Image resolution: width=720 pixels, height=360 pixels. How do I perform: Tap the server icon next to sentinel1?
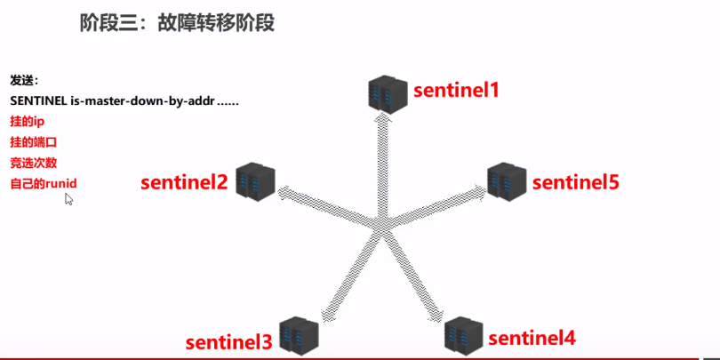tap(388, 93)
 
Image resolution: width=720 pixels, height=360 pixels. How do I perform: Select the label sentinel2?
tap(185, 183)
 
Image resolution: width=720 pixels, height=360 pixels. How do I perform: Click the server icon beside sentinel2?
tap(255, 180)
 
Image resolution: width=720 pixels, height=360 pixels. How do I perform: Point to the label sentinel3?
tap(228, 342)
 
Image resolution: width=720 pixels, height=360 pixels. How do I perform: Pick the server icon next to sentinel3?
tap(298, 335)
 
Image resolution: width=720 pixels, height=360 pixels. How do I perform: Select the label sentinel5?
tap(575, 183)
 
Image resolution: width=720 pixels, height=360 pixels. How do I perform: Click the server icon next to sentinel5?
tap(507, 180)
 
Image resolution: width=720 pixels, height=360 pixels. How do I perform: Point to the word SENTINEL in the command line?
tap(38, 100)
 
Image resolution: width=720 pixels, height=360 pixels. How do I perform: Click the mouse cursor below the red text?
tap(68, 199)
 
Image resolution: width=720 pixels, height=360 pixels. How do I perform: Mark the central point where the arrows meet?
tap(384, 219)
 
